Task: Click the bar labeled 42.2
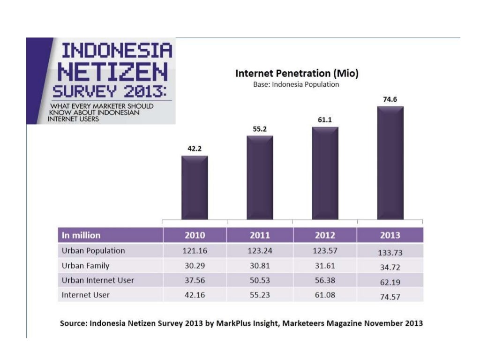click(x=195, y=187)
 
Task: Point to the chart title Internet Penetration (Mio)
click(x=297, y=74)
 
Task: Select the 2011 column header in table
click(x=260, y=235)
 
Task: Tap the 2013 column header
click(x=390, y=235)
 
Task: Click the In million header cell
click(x=81, y=235)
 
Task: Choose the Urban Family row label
click(x=85, y=266)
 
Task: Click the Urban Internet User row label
click(x=98, y=280)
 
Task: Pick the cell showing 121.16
click(x=195, y=251)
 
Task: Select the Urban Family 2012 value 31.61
click(x=325, y=266)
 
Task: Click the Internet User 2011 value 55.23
click(x=260, y=295)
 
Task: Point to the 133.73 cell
click(x=390, y=253)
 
